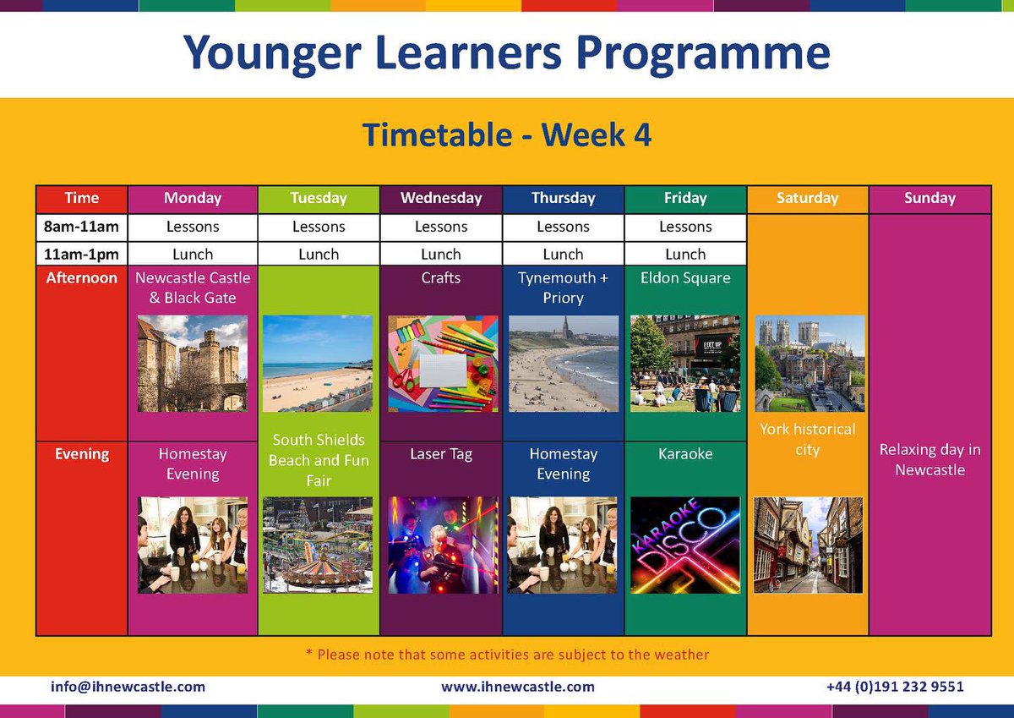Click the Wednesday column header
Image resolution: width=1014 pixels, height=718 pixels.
point(441,199)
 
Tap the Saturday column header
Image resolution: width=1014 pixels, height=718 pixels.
point(807,199)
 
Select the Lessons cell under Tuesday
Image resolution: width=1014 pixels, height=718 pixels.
point(319,227)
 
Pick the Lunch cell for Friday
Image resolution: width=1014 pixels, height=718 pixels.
point(685,254)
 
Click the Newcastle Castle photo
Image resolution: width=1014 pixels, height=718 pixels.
point(193,364)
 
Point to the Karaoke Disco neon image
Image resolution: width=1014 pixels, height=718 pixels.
point(685,545)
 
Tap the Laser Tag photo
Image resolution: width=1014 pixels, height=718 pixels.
point(441,545)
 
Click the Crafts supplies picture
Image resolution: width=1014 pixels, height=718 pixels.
point(441,364)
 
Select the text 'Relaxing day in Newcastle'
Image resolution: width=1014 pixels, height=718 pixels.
point(929,460)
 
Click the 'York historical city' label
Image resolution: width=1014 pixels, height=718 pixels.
point(807,439)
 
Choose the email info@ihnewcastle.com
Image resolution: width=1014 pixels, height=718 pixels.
point(128,687)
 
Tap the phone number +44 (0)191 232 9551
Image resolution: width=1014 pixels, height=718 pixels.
point(895,687)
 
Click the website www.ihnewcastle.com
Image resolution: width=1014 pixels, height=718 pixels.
point(518,687)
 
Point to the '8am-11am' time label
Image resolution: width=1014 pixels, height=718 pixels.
point(82,227)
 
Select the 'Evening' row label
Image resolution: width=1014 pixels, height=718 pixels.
point(82,454)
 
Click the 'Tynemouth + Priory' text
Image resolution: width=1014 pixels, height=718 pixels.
point(563,288)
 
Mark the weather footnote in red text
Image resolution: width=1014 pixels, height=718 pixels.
point(507,655)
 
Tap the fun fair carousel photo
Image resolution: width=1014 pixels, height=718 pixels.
point(319,545)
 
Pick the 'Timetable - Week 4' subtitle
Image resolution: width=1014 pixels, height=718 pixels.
point(507,135)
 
